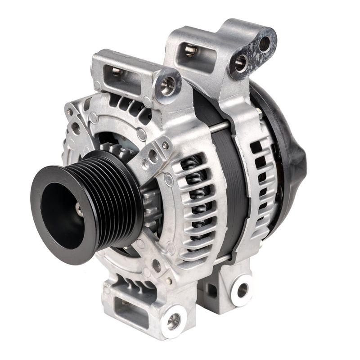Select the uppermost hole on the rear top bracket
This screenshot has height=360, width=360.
(x=265, y=44)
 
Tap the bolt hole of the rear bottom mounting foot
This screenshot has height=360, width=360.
(x=243, y=290)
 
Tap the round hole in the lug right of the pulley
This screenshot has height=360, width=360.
(x=153, y=156)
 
